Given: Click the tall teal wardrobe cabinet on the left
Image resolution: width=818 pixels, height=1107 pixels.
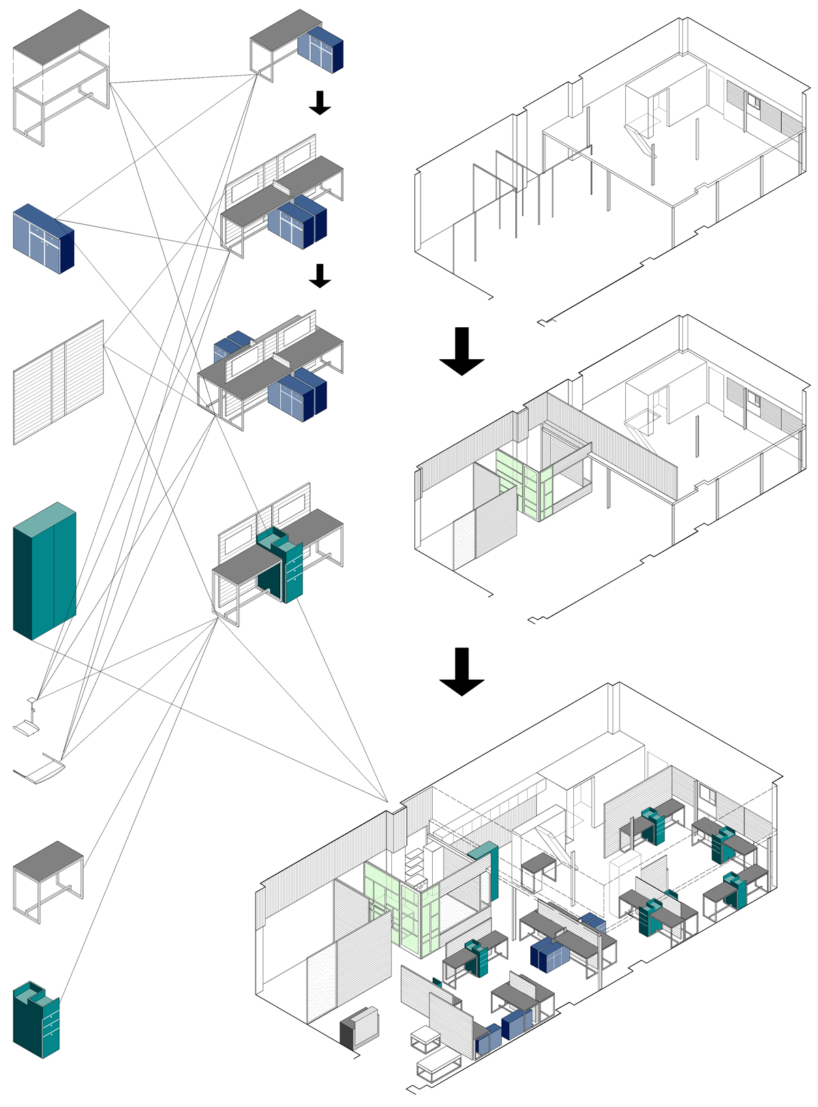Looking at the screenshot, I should coord(44,573).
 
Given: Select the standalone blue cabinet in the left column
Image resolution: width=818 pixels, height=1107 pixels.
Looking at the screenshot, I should coord(42,239).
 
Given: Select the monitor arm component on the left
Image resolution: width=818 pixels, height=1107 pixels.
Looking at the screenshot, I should coord(28,719).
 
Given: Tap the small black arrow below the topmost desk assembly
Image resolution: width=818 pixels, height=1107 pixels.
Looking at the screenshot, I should coord(319,102).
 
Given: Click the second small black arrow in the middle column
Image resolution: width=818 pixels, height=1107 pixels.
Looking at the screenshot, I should coord(319,275).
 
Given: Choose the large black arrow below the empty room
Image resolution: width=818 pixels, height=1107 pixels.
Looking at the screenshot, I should coord(461,351).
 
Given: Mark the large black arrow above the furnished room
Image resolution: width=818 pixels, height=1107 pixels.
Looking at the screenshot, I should coord(461,671).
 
